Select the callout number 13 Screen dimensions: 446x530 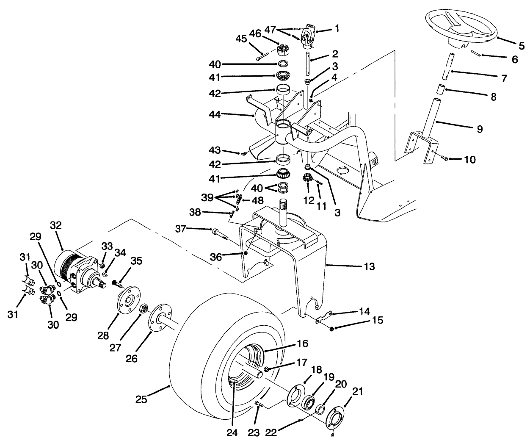pyautogui.click(x=369, y=266)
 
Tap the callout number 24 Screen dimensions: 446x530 pyautogui.click(x=232, y=432)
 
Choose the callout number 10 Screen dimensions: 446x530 pyautogui.click(x=469, y=160)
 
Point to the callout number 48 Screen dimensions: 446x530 pyautogui.click(x=257, y=200)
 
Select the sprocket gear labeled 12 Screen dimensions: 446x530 pyautogui.click(x=307, y=178)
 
